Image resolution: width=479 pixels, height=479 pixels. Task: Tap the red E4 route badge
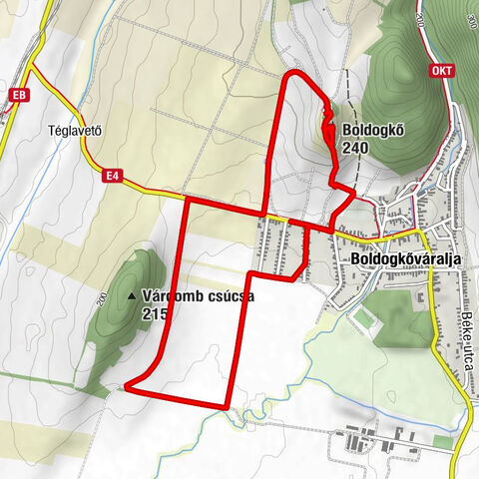(x=115, y=177)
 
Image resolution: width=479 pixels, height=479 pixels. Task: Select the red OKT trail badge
(x=442, y=72)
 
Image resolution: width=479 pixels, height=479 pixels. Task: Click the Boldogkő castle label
(x=373, y=130)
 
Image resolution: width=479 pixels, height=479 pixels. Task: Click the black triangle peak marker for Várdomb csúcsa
(x=133, y=297)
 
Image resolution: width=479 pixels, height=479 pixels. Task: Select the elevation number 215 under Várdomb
(x=155, y=313)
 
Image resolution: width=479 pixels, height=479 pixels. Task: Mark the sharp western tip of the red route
(x=127, y=382)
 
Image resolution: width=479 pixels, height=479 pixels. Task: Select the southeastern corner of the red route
(x=231, y=406)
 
